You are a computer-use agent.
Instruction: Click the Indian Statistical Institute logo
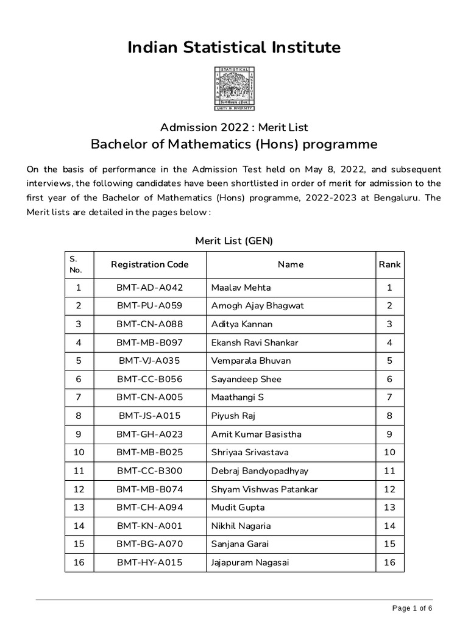234,89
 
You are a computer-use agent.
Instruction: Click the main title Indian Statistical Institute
234,48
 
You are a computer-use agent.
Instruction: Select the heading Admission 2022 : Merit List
234,127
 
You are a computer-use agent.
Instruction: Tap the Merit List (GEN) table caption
234,241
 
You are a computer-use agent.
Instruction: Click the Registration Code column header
149,264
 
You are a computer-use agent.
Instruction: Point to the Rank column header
389,264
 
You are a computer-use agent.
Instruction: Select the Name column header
290,264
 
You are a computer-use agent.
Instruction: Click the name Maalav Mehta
241,288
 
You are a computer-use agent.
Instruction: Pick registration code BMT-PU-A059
149,306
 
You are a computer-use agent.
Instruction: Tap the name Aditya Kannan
242,324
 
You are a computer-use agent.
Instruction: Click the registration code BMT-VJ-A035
149,361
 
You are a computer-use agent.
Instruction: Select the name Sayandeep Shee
246,379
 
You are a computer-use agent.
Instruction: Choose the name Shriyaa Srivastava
250,452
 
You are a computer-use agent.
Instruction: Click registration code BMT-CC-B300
149,471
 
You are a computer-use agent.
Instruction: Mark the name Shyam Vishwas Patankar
264,489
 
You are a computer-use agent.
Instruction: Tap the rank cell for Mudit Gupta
389,508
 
